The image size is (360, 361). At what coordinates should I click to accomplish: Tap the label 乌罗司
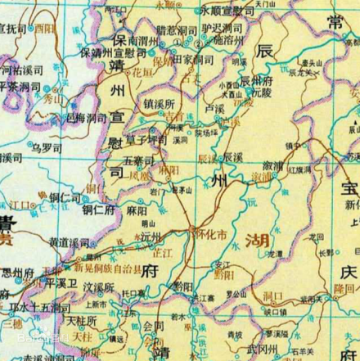[46, 148]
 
